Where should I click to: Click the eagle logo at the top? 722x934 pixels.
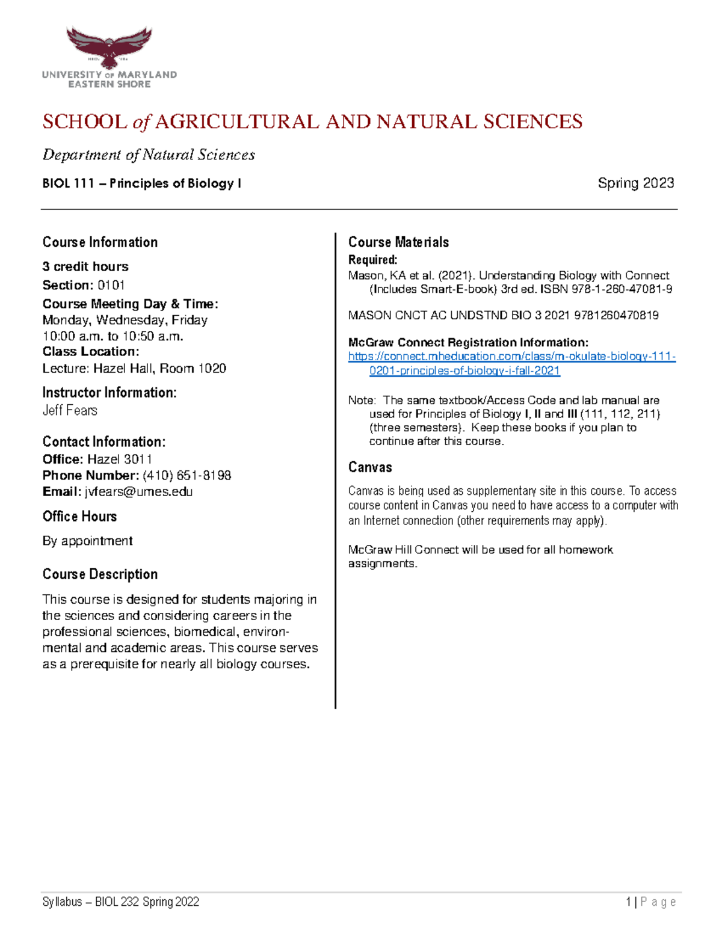click(x=109, y=46)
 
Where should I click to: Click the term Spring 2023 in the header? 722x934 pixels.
click(x=635, y=183)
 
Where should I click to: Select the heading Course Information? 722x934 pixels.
click(x=100, y=242)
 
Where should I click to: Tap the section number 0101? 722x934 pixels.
click(x=111, y=285)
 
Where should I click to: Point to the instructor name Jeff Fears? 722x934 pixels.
click(x=70, y=411)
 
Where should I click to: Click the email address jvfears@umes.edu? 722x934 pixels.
click(x=138, y=491)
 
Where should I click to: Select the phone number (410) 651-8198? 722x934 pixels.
click(x=187, y=475)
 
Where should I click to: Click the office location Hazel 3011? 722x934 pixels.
click(x=120, y=459)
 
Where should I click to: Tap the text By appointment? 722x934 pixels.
click(x=87, y=541)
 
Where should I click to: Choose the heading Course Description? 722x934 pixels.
click(x=100, y=574)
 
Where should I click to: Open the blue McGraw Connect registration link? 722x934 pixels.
click(x=511, y=357)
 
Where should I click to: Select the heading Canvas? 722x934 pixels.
click(x=370, y=467)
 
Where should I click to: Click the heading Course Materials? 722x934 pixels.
click(x=398, y=242)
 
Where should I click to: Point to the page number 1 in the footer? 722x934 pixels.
click(x=628, y=902)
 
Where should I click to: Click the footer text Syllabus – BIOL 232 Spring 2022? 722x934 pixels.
click(x=120, y=902)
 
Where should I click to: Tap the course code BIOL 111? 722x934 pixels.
click(x=68, y=183)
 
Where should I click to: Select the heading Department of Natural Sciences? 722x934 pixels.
click(x=149, y=155)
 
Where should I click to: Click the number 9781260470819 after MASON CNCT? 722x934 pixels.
click(x=616, y=315)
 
